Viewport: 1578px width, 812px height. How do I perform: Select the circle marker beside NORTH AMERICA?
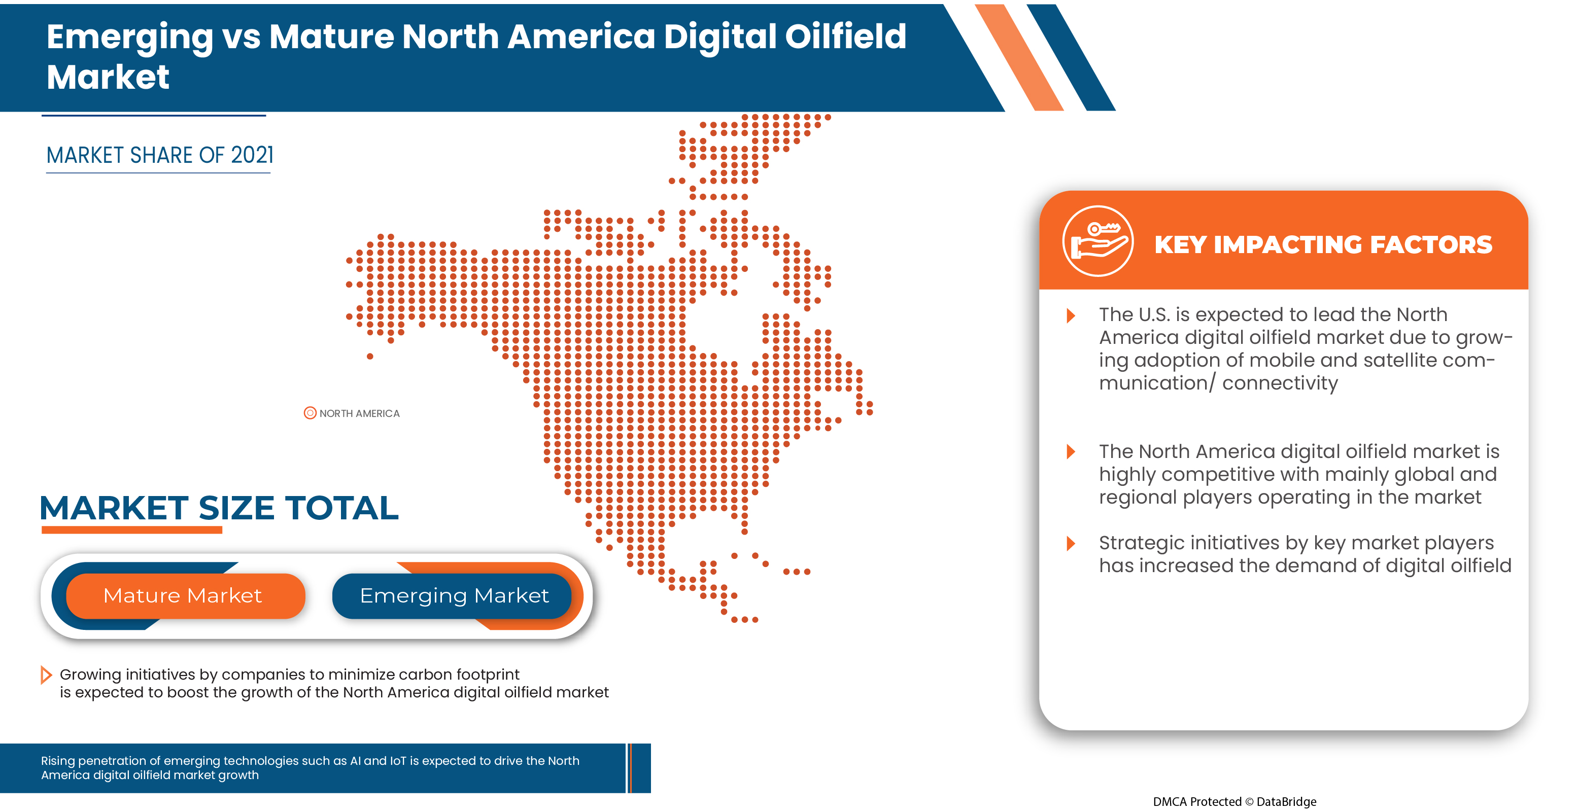(x=310, y=413)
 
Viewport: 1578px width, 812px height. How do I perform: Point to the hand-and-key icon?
(x=1097, y=241)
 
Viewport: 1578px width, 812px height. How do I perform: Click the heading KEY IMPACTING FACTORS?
(x=1323, y=244)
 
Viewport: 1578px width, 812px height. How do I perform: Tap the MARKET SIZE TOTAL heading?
(x=219, y=508)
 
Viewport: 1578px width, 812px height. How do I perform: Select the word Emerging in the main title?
(x=129, y=37)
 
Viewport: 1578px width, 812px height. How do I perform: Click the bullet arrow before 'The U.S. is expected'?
(x=1070, y=315)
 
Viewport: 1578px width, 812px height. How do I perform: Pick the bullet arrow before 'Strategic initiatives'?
(x=1070, y=543)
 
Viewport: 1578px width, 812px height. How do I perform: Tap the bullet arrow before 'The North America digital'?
(x=1070, y=452)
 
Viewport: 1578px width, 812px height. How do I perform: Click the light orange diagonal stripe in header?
(x=1020, y=58)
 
